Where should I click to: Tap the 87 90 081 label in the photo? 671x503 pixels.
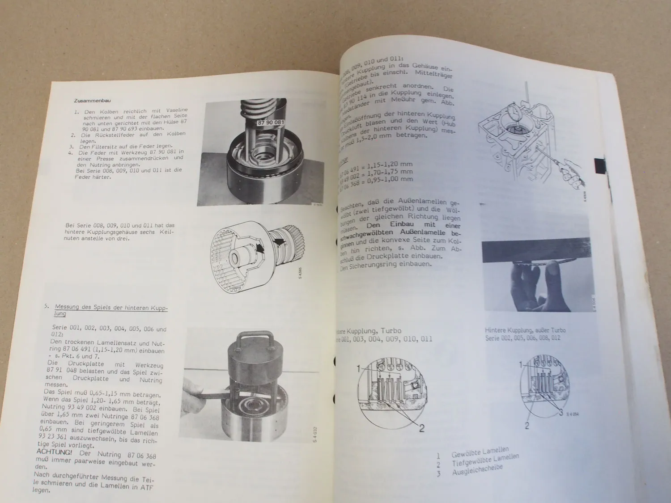[271, 122]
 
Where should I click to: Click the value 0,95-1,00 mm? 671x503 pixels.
[389, 179]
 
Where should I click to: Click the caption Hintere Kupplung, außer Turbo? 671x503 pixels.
[525, 330]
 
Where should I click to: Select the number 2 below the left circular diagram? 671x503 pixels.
[421, 428]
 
